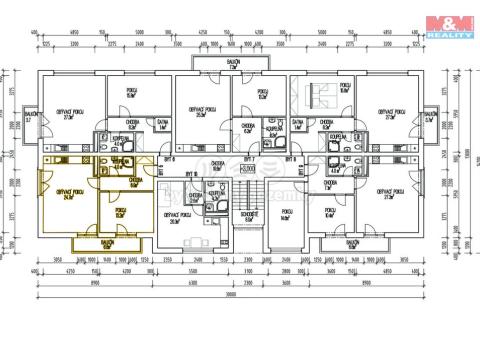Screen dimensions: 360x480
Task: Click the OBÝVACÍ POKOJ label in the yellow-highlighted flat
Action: point(69,193)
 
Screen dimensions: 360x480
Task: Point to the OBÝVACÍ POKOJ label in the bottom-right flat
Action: point(388,193)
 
